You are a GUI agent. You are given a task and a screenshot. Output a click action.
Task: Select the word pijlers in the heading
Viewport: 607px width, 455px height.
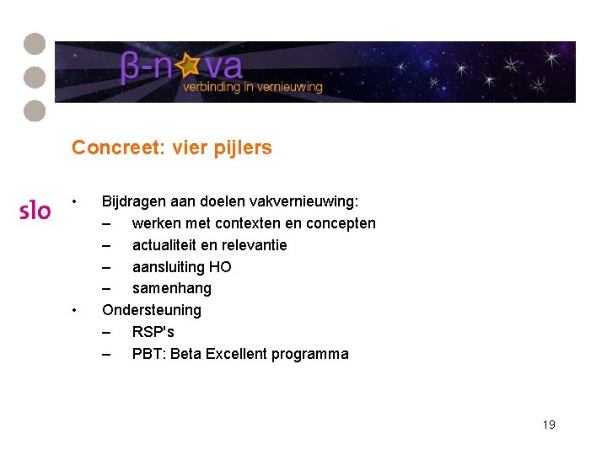(x=246, y=149)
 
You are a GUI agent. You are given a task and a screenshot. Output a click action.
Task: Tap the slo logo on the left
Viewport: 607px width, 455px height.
(x=35, y=210)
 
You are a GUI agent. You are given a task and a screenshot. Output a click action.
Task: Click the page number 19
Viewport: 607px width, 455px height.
(x=549, y=425)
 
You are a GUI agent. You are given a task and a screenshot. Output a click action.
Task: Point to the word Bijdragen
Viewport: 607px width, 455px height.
(x=134, y=202)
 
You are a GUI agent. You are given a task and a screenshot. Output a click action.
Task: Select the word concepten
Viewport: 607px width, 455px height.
(x=341, y=223)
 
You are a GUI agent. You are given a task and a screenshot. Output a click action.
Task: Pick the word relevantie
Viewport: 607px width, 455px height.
(x=254, y=245)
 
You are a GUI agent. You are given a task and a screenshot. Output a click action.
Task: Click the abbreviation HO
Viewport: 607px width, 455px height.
(x=220, y=267)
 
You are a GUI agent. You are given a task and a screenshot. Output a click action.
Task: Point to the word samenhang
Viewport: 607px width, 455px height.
(x=172, y=288)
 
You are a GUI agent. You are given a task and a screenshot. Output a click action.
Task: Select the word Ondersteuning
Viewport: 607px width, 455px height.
(x=152, y=310)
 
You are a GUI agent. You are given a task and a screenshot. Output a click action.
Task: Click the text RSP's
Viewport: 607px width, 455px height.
(x=153, y=332)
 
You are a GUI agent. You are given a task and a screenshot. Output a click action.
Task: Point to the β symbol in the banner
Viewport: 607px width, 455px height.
(x=132, y=67)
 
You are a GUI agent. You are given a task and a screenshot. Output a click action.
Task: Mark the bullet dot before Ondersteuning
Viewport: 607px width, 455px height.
(x=75, y=310)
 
